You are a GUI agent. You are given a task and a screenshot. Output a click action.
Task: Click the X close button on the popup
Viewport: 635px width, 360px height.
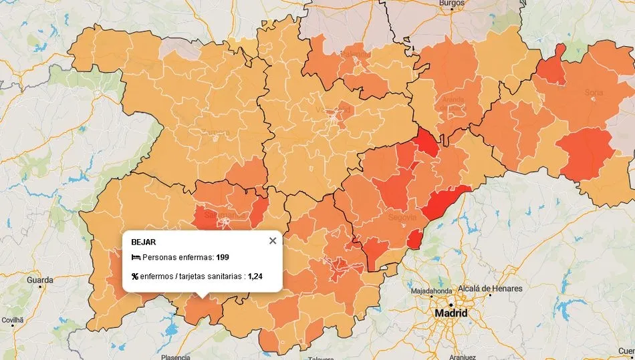click(272, 241)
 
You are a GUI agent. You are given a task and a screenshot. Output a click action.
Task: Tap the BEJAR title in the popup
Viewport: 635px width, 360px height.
click(143, 242)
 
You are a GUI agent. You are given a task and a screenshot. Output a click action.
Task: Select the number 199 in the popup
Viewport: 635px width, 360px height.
click(223, 257)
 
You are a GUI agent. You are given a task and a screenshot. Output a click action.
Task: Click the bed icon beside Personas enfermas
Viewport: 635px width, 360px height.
click(136, 257)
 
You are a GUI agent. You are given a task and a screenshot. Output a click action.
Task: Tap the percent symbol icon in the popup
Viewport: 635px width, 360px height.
click(135, 277)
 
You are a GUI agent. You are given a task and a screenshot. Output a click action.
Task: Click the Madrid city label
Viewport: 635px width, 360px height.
click(451, 313)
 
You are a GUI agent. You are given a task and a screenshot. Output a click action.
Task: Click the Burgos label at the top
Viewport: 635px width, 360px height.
click(451, 3)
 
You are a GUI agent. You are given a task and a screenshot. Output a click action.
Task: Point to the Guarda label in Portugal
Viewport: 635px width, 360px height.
click(39, 280)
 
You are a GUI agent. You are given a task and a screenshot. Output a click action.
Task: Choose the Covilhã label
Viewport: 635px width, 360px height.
click(12, 320)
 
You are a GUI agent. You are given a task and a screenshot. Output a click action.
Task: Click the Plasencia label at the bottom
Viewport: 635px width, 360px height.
click(176, 357)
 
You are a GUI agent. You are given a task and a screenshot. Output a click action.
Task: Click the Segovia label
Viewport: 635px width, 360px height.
click(403, 217)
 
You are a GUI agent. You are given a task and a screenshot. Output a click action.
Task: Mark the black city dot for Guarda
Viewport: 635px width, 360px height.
click(41, 287)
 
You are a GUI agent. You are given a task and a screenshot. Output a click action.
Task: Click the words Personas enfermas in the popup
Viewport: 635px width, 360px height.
click(178, 257)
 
